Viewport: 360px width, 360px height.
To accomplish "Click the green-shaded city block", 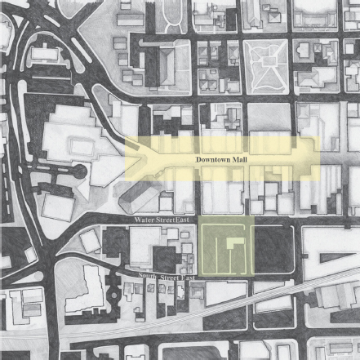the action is [226, 247].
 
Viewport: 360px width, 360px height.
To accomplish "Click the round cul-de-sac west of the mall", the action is [78, 173].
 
